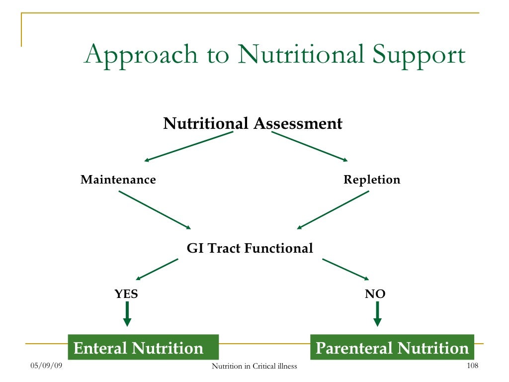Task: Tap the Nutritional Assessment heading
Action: [x=253, y=123]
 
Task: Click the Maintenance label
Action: [x=118, y=180]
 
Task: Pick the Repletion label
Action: [x=372, y=180]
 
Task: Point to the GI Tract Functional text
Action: [x=250, y=248]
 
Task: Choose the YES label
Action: [x=126, y=294]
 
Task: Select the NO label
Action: [x=375, y=294]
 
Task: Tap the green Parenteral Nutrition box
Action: [x=392, y=347]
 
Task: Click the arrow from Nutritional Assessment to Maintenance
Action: [x=189, y=146]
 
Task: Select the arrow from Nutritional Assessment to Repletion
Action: [x=309, y=146]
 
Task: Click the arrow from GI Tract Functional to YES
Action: [x=157, y=269]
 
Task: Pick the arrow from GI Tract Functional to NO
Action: [x=345, y=269]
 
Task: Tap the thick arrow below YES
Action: [x=127, y=315]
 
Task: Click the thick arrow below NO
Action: [x=377, y=315]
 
